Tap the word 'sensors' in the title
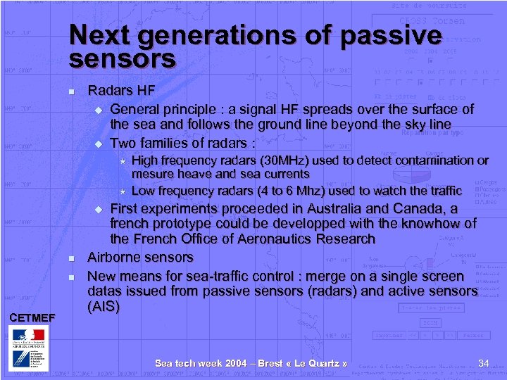[122, 59]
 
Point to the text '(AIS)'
[104, 307]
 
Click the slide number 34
[483, 363]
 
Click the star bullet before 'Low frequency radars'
[123, 191]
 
